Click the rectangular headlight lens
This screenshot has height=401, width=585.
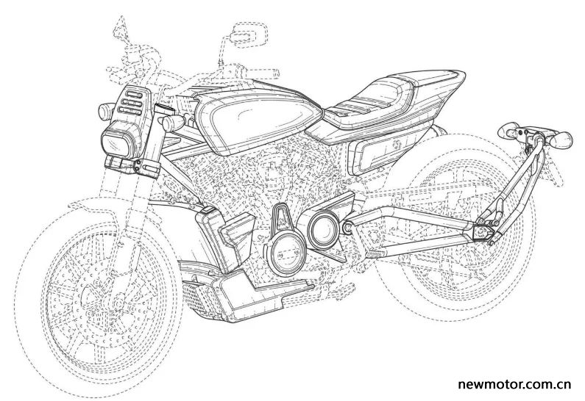[x=115, y=145]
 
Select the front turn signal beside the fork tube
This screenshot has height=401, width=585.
[x=172, y=123]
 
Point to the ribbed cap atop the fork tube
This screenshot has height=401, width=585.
[x=164, y=109]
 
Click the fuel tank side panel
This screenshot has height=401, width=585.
[x=257, y=119]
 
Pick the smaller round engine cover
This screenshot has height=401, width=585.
[x=324, y=228]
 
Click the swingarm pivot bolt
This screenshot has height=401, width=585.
[x=348, y=225]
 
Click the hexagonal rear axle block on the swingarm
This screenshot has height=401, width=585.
[x=481, y=233]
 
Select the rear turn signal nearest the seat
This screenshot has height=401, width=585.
[x=508, y=130]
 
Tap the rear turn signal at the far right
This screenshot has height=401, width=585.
[x=561, y=139]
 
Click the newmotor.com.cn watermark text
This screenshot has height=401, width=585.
[x=514, y=385]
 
